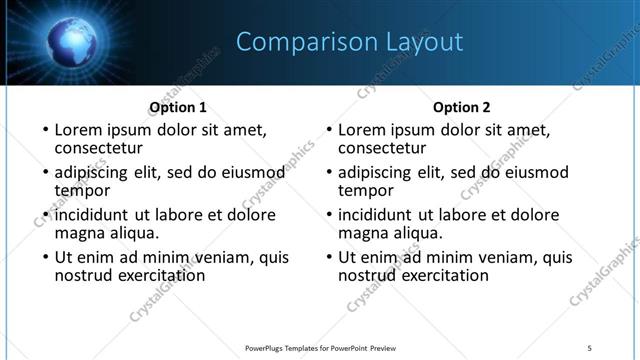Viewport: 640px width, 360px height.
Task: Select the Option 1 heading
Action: (x=178, y=107)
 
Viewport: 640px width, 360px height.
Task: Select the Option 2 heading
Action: (x=461, y=107)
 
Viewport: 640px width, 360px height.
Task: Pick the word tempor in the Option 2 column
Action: (x=365, y=190)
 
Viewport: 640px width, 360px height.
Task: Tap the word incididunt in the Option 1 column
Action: (x=92, y=215)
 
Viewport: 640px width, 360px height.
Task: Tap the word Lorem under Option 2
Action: (x=360, y=129)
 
